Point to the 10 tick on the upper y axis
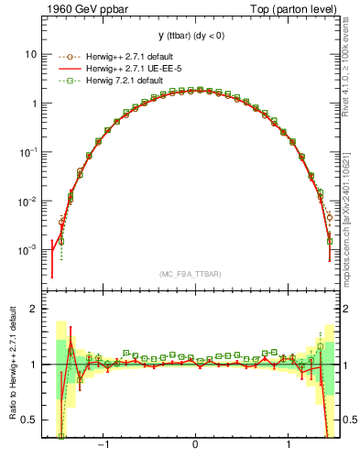coord(29,54)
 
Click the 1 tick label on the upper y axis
coord(33,104)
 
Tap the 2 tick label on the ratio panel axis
coord(33,309)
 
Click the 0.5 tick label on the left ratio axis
coord(29,420)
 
